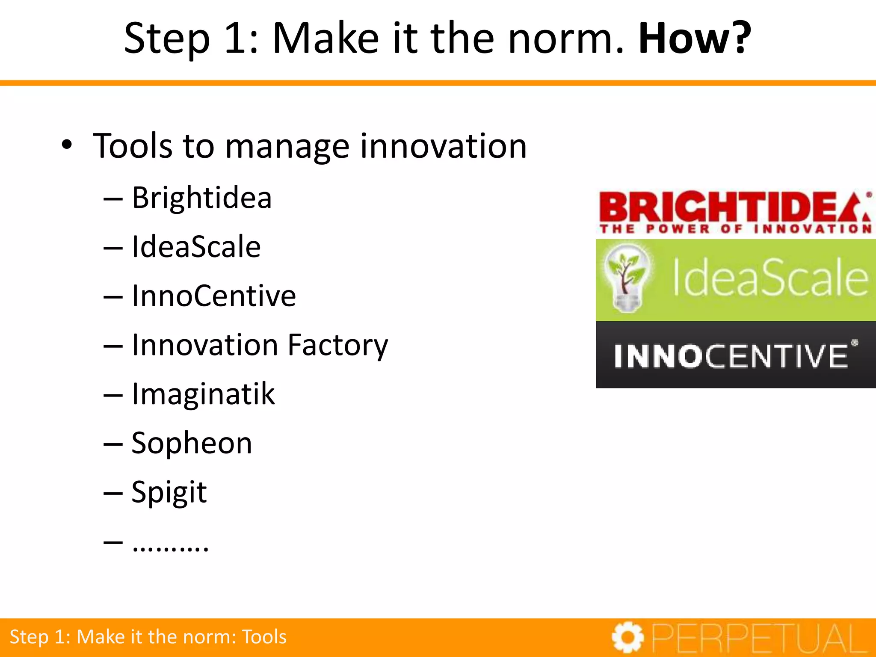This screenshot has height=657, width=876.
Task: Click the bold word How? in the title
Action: pos(694,38)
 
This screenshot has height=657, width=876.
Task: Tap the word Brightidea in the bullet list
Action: pos(201,198)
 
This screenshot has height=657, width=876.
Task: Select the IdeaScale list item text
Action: pos(196,247)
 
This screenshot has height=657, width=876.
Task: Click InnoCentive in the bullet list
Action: pos(213,296)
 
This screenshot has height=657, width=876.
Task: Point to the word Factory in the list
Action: pos(337,345)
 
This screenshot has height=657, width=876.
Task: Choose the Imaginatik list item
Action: pos(203,394)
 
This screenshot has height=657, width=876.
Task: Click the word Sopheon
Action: pos(192,443)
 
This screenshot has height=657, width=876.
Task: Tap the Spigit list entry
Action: pos(169,492)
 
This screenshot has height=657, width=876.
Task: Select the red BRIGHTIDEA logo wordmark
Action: pos(734,207)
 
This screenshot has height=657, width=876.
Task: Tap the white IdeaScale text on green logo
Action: pos(770,278)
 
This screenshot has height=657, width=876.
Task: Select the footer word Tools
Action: pos(264,637)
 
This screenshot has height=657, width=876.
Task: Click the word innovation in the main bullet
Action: pos(443,146)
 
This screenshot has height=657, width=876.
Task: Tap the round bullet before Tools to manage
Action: pos(67,145)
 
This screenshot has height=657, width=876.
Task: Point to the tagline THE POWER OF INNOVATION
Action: pos(735,229)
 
